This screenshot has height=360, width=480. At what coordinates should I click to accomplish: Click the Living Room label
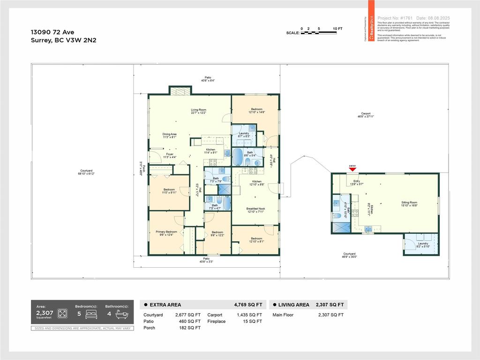(198, 110)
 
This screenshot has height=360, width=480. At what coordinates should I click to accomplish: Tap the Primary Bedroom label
(166, 232)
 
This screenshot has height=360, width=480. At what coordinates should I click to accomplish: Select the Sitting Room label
(409, 202)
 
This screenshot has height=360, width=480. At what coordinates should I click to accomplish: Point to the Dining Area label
(169, 135)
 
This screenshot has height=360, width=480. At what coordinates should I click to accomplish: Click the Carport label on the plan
(366, 113)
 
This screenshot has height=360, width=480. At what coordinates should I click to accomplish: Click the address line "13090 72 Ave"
(52, 32)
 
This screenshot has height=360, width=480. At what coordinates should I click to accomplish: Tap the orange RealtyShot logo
(371, 21)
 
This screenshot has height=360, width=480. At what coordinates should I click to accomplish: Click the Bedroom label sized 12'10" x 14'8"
(256, 110)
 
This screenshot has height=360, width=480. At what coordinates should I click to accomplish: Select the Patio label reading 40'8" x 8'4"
(208, 79)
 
